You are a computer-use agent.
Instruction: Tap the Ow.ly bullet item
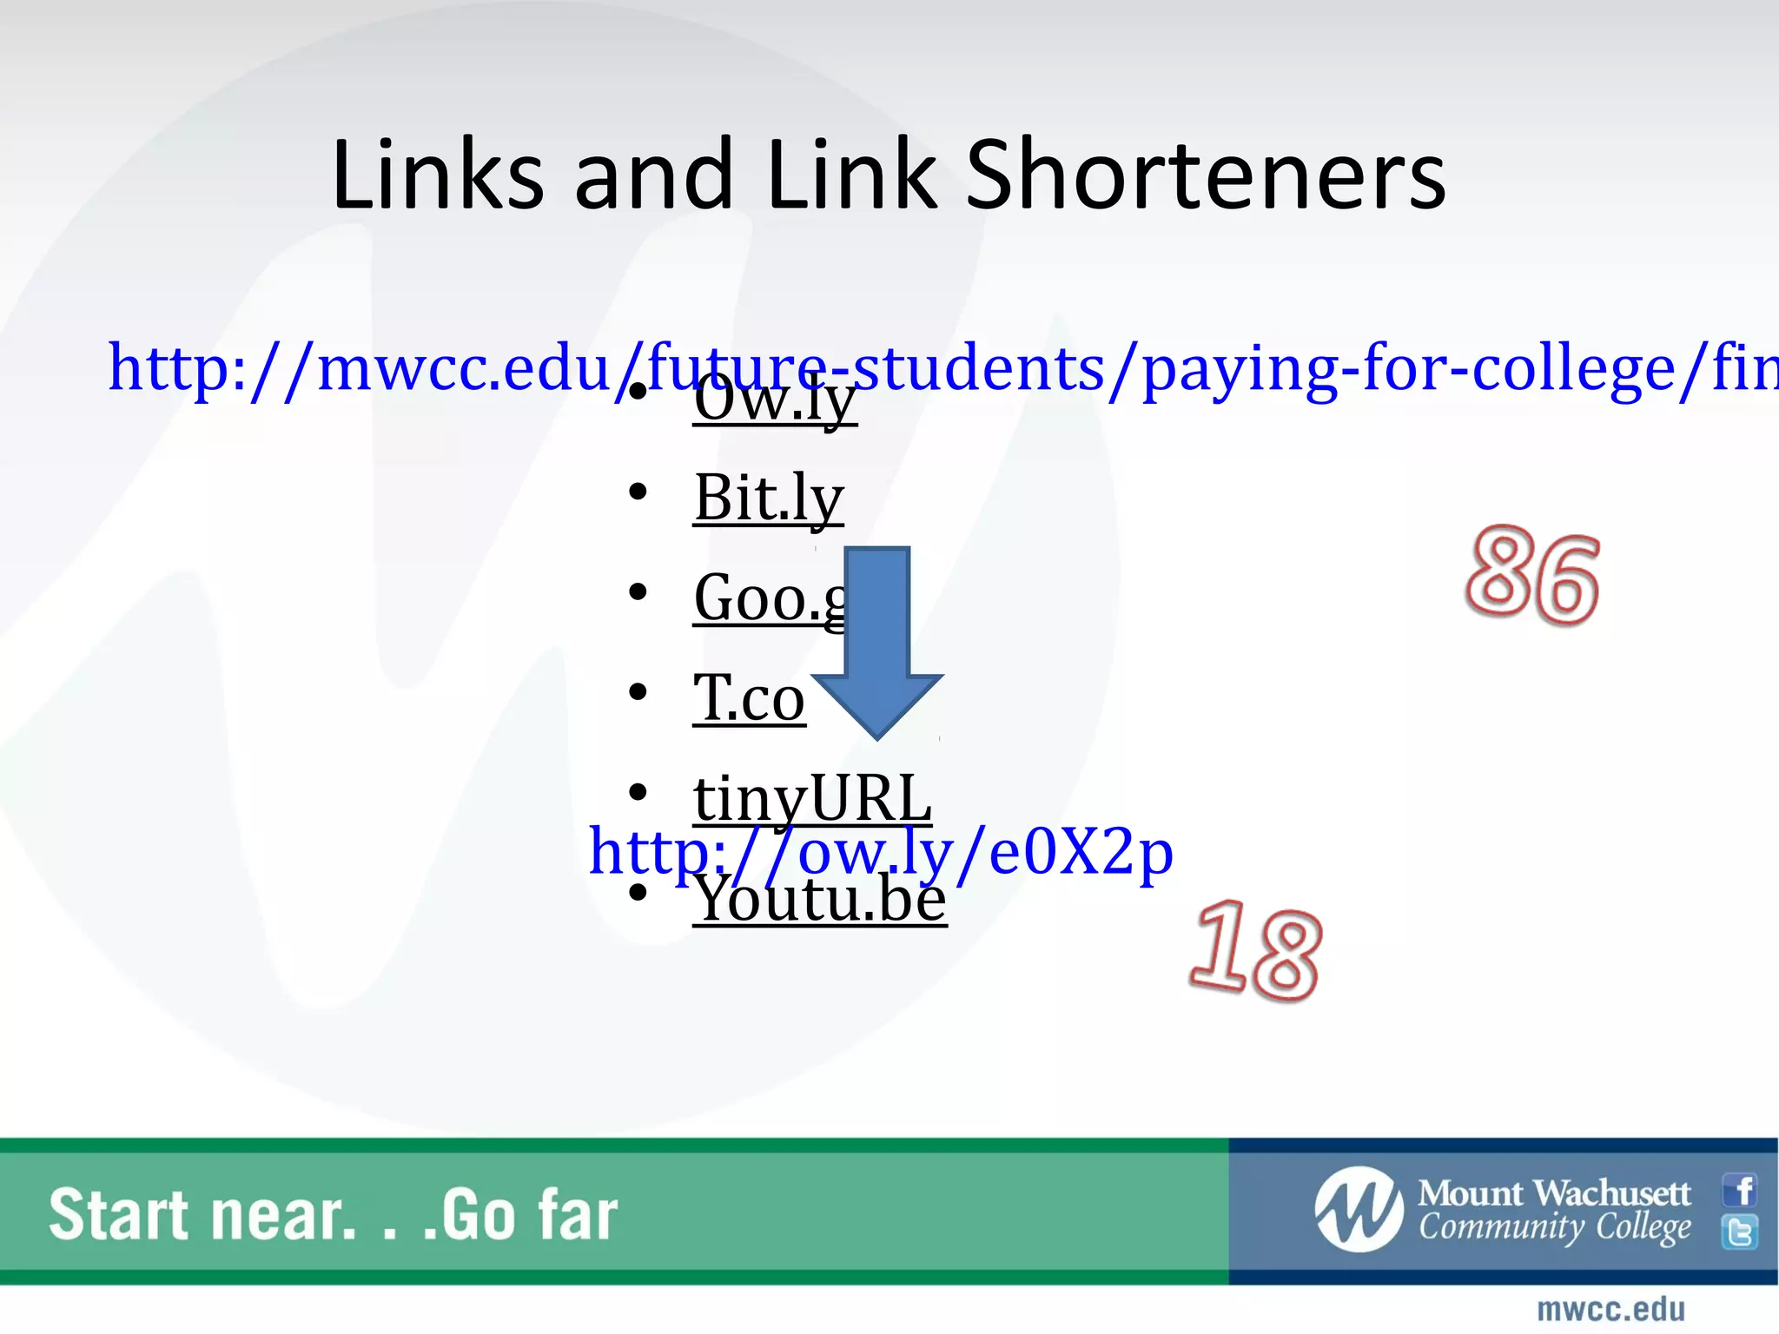[x=775, y=403]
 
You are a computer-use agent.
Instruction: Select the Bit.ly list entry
[x=769, y=499]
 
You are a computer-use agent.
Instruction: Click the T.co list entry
[x=749, y=698]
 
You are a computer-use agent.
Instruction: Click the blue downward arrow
[x=877, y=643]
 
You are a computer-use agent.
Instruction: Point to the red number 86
[x=1532, y=577]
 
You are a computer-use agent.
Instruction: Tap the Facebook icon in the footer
[x=1741, y=1190]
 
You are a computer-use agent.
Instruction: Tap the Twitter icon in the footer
[x=1741, y=1232]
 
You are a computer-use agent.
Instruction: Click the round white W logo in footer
[x=1359, y=1210]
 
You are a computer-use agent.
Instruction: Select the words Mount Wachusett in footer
[x=1554, y=1193]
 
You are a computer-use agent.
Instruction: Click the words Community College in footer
[x=1554, y=1228]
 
